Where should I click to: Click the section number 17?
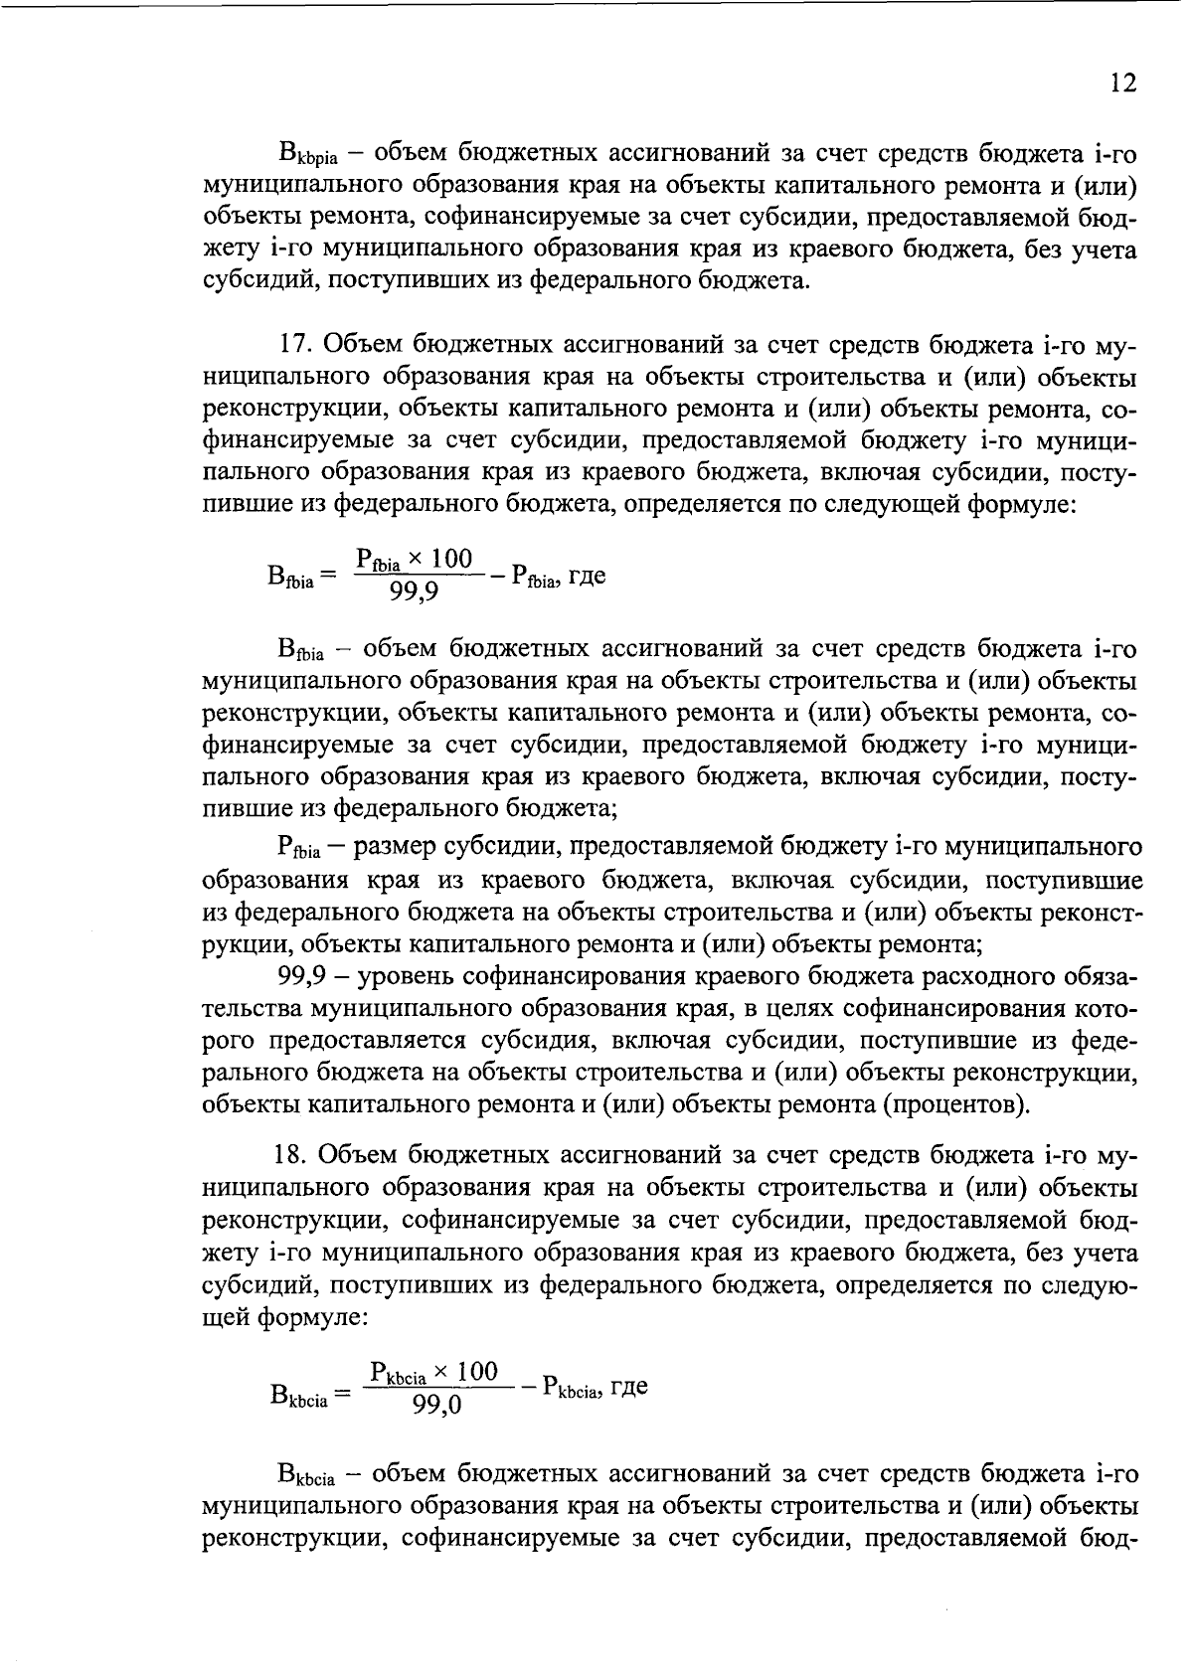pyautogui.click(x=296, y=345)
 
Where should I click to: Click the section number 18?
pyautogui.click(x=296, y=1154)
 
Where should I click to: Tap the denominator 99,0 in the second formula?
pyautogui.click(x=437, y=1405)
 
